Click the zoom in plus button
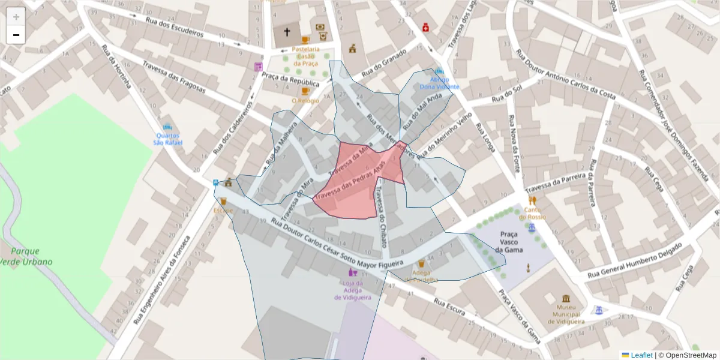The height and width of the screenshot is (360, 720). [x=16, y=17]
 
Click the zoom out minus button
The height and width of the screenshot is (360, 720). [x=16, y=35]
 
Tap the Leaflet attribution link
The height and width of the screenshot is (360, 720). [x=637, y=355]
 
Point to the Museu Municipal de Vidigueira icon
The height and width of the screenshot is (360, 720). [x=566, y=299]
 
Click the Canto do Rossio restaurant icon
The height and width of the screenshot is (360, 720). [x=532, y=200]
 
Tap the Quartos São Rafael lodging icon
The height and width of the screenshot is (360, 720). [x=167, y=127]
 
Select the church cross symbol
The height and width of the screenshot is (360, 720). [x=287, y=32]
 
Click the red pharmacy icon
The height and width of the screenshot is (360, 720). [x=425, y=27]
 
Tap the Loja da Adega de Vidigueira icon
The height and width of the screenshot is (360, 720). [x=353, y=272]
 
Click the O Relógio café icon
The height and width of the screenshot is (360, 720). [x=305, y=91]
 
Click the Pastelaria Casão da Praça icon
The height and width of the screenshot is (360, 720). [x=305, y=40]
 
